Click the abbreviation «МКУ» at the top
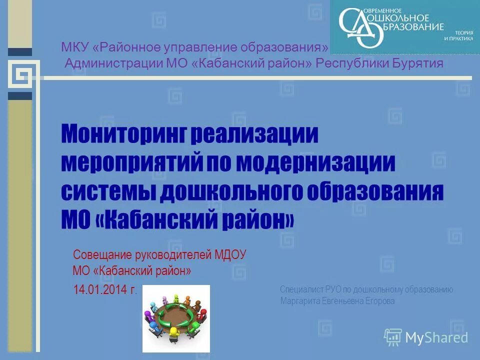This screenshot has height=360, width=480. pyautogui.click(x=74, y=48)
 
